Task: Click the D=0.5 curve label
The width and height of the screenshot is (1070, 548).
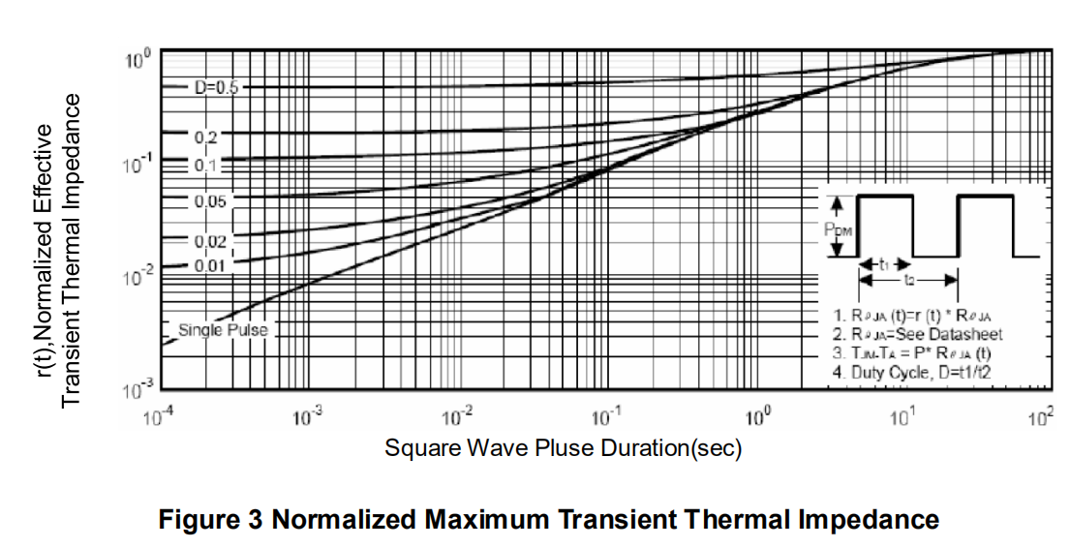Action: [x=217, y=87]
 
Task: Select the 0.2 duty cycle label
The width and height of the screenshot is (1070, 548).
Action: [x=206, y=136]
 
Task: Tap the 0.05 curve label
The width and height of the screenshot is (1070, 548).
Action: [x=210, y=201]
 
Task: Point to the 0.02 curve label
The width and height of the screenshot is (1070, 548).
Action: [x=210, y=240]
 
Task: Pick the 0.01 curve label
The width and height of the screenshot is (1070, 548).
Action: [x=210, y=263]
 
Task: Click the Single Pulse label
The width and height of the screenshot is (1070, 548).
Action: [x=223, y=330]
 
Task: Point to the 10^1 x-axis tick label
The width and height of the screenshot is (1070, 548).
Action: [x=902, y=417]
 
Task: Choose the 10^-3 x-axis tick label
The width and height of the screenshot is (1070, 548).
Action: [x=308, y=417]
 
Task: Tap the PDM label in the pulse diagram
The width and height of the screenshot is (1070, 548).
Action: [x=838, y=230]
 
